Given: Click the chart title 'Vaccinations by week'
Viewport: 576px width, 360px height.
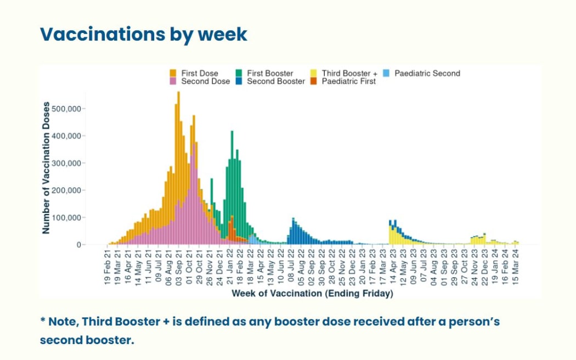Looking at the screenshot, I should pos(144,34).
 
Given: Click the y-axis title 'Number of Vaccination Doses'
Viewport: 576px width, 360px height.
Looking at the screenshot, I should pos(46,167).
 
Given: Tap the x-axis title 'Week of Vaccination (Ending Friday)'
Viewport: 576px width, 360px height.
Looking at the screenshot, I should pos(312,294).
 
